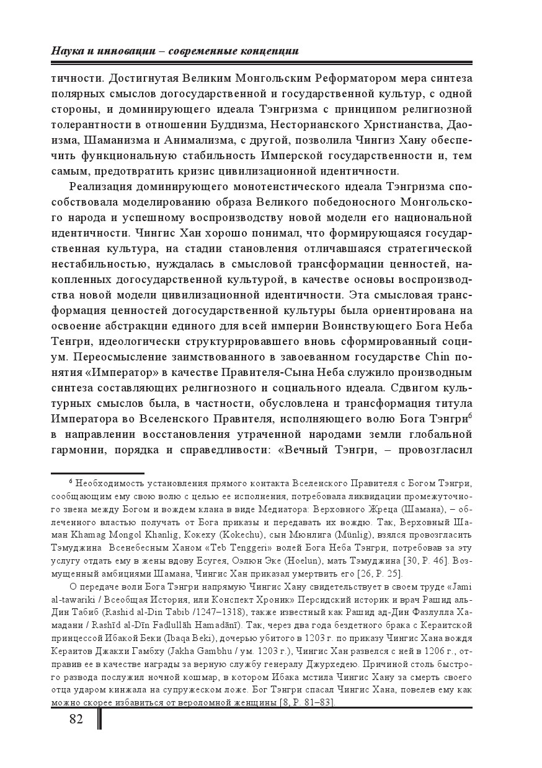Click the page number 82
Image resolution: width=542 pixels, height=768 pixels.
tap(76, 718)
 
